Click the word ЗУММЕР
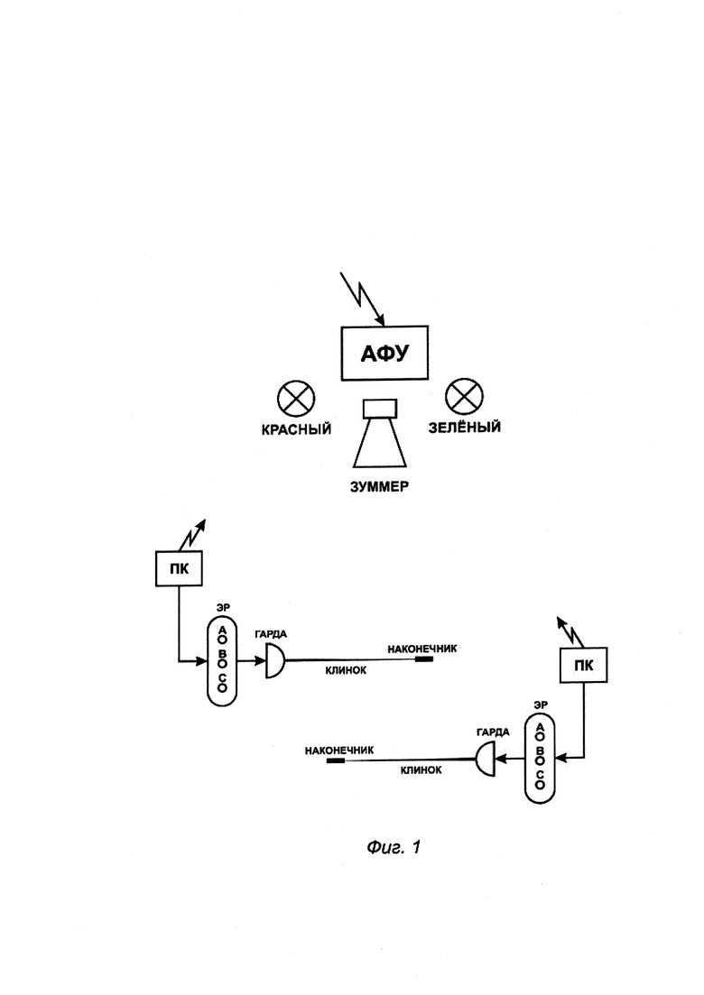[380, 487]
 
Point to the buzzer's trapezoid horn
[380, 443]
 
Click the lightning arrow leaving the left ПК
[192, 535]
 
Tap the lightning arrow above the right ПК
[570, 632]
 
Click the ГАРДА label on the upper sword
[271, 634]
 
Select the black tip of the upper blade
[424, 659]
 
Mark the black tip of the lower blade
[335, 760]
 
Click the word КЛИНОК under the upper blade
[346, 670]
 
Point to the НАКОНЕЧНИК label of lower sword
[339, 751]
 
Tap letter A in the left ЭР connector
[222, 630]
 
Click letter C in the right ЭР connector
[540, 776]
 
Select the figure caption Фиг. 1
[394, 847]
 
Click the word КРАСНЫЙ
[296, 429]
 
